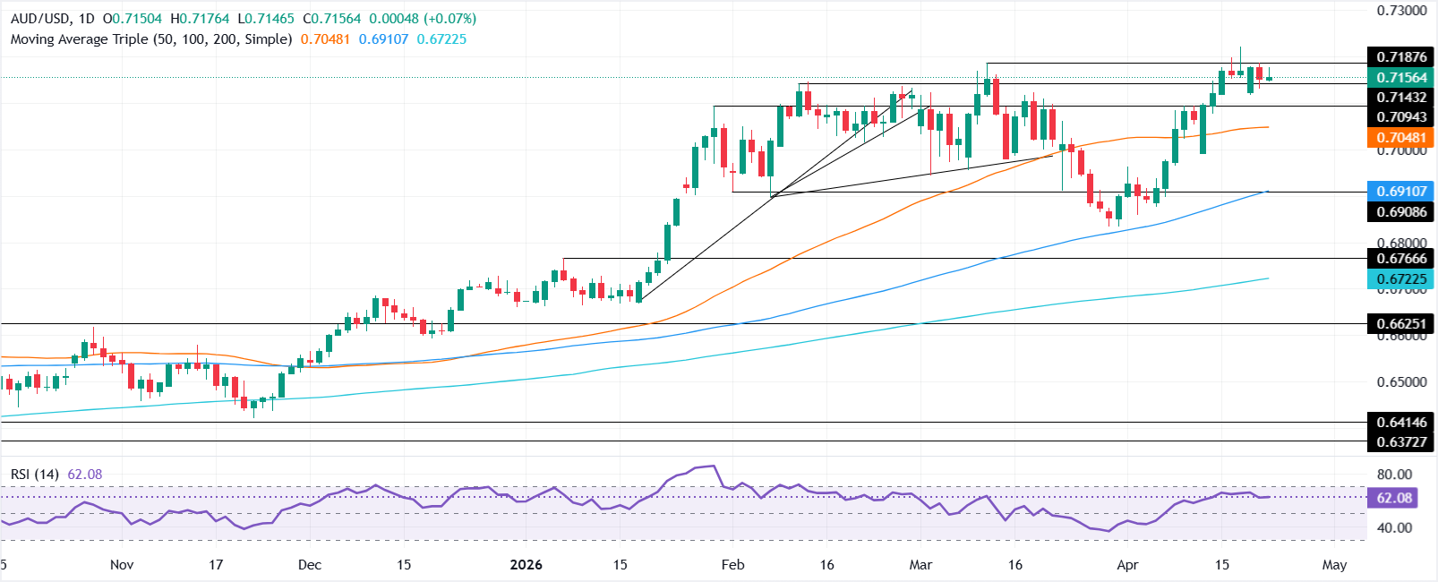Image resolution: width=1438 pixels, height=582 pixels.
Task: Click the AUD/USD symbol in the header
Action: coord(39,19)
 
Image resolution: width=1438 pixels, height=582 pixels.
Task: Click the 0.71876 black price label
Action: coord(1401,57)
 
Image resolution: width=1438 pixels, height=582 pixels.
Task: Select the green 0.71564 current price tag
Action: coord(1401,78)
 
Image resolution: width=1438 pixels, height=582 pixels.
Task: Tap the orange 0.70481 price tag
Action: coord(1401,138)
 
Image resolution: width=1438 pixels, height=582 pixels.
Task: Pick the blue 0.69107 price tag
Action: coord(1401,192)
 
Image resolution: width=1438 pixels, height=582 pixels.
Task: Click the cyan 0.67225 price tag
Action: coord(1401,280)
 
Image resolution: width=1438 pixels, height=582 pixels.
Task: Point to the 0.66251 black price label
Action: coord(1401,323)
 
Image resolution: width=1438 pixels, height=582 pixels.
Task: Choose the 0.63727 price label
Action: coord(1401,442)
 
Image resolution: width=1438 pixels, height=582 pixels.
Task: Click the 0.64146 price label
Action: coord(1401,422)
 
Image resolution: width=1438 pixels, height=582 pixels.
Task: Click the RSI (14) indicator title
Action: coord(34,474)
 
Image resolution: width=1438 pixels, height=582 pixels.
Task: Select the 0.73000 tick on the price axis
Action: coord(1401,11)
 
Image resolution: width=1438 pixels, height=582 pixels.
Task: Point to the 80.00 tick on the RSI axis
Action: coord(1394,475)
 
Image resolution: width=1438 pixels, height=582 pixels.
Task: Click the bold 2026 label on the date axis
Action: coord(526,565)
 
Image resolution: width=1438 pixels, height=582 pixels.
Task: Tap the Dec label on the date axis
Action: coord(310,565)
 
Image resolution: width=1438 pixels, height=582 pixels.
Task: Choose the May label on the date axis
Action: coord(1334,565)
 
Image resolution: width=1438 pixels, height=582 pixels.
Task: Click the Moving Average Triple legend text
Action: coord(150,39)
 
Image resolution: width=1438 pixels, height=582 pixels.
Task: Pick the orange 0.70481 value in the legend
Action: coord(325,39)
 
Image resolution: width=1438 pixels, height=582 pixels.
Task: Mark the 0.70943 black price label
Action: coord(1401,117)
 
